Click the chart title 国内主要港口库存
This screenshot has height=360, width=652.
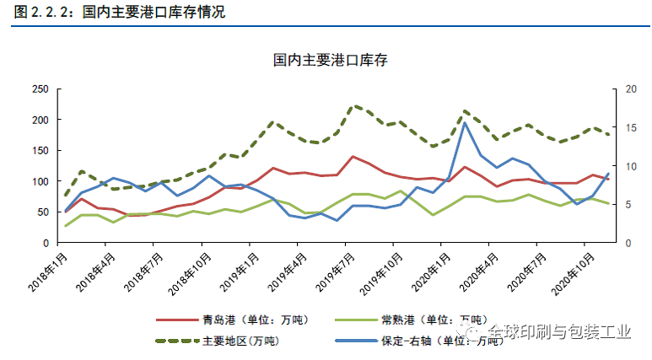(x=330, y=60)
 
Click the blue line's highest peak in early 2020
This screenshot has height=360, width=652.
(x=465, y=123)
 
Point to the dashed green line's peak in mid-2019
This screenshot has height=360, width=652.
(x=354, y=105)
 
